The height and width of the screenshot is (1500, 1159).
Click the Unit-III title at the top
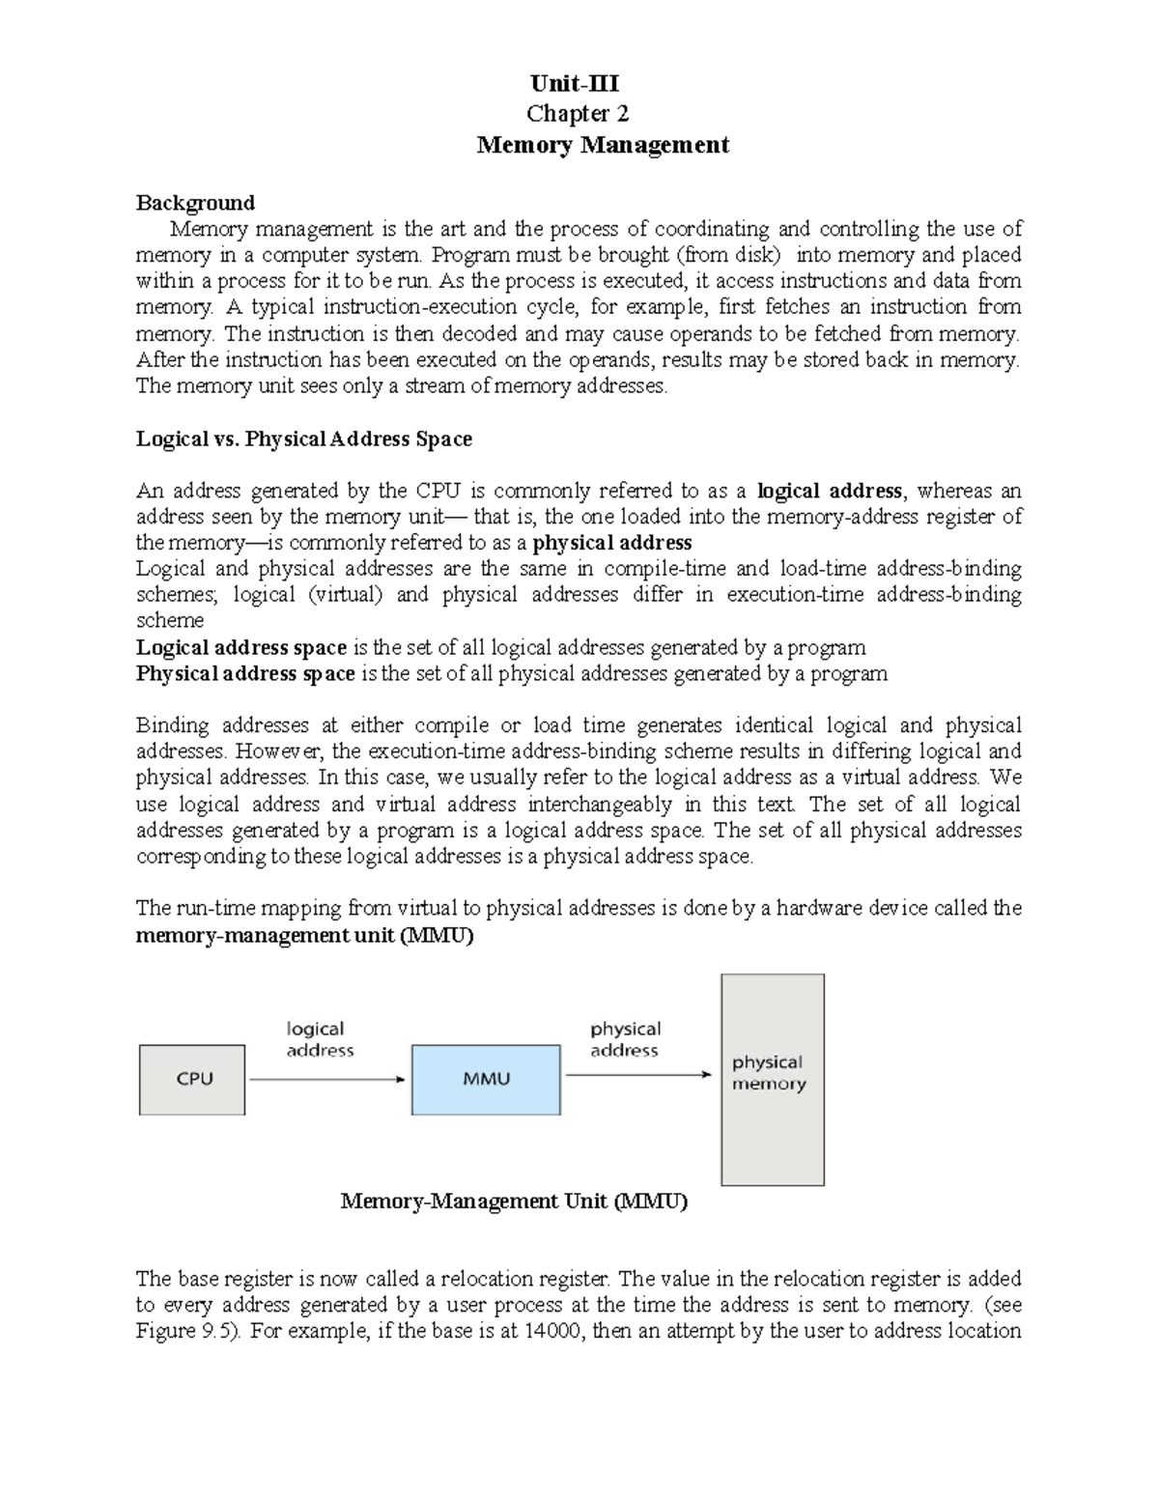[x=577, y=83]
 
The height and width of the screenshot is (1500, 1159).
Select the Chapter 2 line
[x=577, y=114]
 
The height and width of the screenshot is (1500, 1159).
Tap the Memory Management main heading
[x=603, y=145]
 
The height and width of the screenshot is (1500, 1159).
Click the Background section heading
[x=195, y=203]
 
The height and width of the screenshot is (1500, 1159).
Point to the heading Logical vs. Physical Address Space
[x=303, y=439]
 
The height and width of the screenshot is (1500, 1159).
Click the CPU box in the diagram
[x=192, y=1079]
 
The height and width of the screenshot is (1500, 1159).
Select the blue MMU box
[x=486, y=1079]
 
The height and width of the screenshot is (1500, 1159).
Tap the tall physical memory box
[x=772, y=1079]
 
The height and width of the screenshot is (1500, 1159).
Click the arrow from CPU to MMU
[x=327, y=1079]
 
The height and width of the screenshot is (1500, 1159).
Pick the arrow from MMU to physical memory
[x=637, y=1073]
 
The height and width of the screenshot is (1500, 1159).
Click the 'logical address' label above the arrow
[x=319, y=1039]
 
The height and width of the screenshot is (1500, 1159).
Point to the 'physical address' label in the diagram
[x=625, y=1039]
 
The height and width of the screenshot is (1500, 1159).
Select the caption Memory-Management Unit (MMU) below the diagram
[x=514, y=1202]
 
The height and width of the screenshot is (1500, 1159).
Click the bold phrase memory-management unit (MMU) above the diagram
[x=304, y=935]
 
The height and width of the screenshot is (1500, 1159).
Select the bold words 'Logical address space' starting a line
[x=240, y=647]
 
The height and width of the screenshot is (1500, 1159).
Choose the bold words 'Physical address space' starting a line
[x=245, y=673]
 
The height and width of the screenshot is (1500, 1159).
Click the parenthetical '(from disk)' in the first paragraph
[x=730, y=255]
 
